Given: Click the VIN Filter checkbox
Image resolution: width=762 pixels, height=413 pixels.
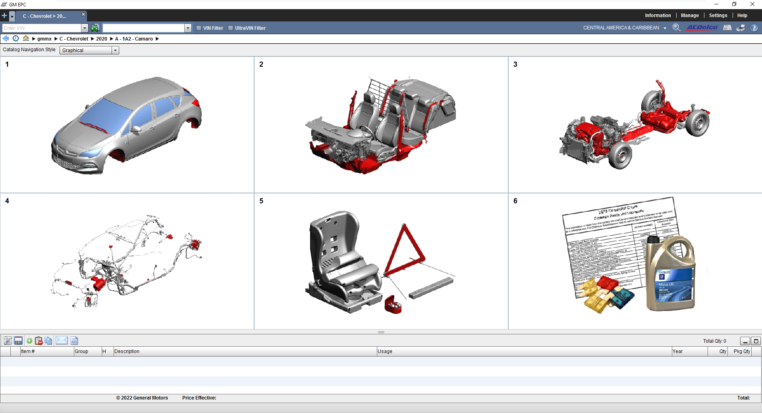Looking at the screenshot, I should click(x=199, y=28).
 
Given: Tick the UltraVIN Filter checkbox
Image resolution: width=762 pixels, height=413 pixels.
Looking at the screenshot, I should click(x=231, y=28).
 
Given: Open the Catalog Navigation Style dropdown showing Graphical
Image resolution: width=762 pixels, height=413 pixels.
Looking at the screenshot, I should click(x=89, y=50).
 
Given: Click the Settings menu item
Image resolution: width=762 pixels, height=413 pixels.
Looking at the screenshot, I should click(x=718, y=15).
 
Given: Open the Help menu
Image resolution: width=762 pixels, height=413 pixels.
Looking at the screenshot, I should click(x=742, y=15).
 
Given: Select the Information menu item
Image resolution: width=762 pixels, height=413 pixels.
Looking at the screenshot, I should click(x=658, y=15).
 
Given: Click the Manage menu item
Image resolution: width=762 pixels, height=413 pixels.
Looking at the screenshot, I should click(x=690, y=15).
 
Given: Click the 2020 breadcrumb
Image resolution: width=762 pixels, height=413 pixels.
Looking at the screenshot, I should click(x=102, y=39).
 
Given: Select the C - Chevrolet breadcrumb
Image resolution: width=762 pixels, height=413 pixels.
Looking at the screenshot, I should click(x=74, y=39).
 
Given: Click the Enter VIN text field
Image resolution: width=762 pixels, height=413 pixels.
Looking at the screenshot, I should click(x=41, y=28).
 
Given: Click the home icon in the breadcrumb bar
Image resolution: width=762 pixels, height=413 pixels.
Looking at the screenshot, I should click(x=26, y=39).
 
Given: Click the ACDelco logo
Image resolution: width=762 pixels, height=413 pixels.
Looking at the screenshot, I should click(x=702, y=27).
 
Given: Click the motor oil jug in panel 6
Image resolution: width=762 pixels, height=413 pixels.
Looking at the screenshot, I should click(x=670, y=274).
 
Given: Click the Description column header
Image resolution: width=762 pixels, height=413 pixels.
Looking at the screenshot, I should click(x=127, y=351).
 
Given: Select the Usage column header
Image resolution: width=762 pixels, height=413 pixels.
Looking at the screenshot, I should click(x=385, y=351).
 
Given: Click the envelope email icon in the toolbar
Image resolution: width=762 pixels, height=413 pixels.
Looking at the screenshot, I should click(x=62, y=341).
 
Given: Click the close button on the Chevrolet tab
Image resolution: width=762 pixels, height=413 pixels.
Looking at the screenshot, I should click(x=83, y=14).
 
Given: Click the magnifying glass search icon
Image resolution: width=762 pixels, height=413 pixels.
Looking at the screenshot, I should click(x=676, y=27).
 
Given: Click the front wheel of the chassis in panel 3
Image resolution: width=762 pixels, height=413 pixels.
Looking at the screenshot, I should click(x=621, y=155).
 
